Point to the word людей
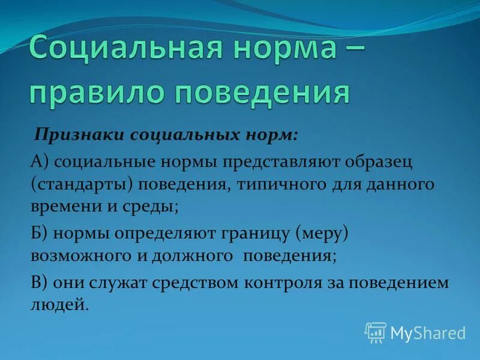(59, 304)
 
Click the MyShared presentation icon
(376, 331)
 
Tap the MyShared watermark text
(428, 332)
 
